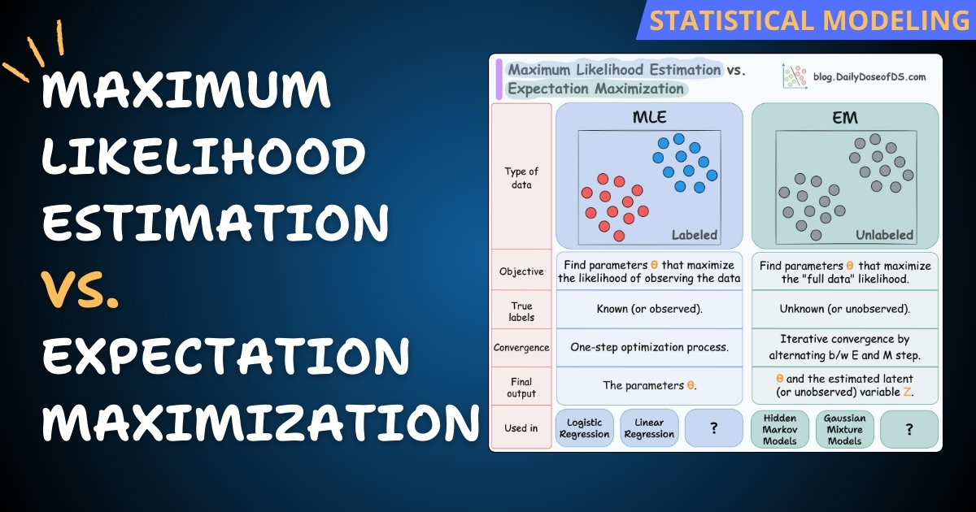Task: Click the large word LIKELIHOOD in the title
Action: [203, 157]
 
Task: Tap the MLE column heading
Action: [649, 118]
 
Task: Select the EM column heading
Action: [845, 119]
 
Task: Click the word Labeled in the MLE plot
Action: [694, 236]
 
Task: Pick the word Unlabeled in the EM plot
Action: [884, 236]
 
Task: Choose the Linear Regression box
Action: [649, 428]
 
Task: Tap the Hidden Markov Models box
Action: [779, 428]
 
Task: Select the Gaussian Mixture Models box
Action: [844, 428]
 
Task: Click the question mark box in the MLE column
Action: [713, 428]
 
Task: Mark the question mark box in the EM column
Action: [909, 428]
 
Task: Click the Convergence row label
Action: [521, 348]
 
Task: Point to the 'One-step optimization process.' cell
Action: [649, 348]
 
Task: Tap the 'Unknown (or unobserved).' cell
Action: [845, 310]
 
